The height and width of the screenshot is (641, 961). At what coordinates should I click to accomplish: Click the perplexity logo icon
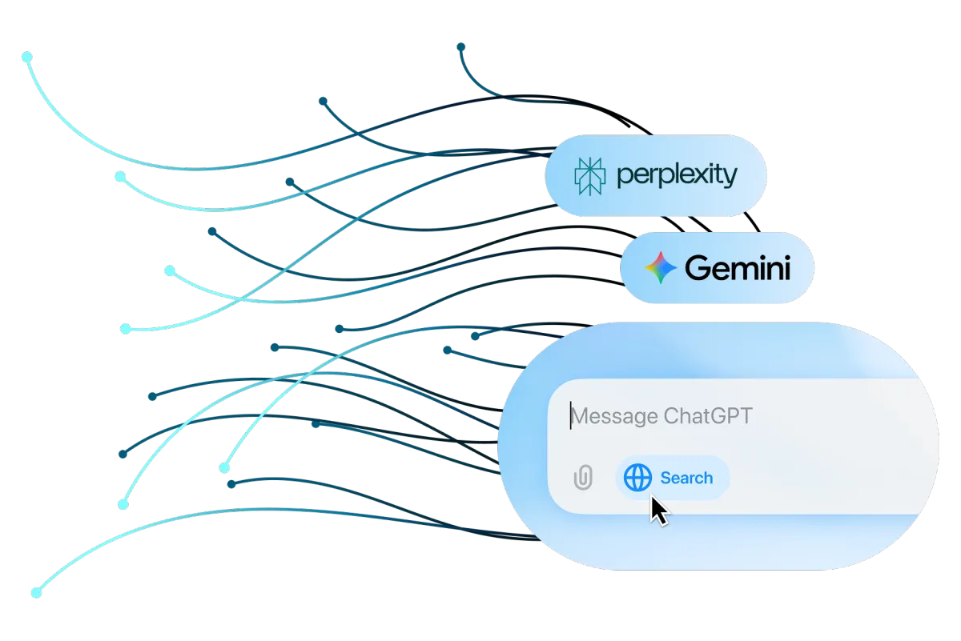tap(590, 176)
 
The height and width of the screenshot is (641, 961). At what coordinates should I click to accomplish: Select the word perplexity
tap(677, 176)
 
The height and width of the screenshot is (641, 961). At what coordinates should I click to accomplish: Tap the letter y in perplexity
tap(730, 178)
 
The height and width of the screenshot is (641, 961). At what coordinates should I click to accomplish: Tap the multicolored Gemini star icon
tap(661, 267)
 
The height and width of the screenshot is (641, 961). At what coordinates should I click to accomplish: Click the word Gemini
tap(738, 268)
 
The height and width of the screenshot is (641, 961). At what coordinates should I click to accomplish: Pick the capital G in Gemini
tap(698, 268)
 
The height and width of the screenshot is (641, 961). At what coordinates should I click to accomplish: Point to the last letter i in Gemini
tap(786, 268)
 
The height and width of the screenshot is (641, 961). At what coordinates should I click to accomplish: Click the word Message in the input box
tap(615, 416)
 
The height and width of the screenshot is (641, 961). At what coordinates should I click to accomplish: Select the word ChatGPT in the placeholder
tap(708, 416)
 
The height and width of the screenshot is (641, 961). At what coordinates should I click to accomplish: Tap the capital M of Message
tap(581, 416)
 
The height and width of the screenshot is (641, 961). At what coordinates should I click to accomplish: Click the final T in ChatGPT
tap(745, 416)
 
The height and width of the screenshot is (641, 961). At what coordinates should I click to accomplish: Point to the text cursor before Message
tap(570, 415)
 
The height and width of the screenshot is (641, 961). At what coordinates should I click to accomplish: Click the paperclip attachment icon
tap(584, 477)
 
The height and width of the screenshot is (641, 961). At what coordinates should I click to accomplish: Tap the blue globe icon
tap(637, 477)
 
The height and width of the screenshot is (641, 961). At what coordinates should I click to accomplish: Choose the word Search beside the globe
tap(686, 478)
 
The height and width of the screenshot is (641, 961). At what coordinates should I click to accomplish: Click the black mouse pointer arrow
tap(658, 511)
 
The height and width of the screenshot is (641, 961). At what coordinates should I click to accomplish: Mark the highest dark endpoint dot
tap(460, 46)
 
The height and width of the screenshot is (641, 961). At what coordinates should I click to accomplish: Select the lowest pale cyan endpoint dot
tap(37, 593)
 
